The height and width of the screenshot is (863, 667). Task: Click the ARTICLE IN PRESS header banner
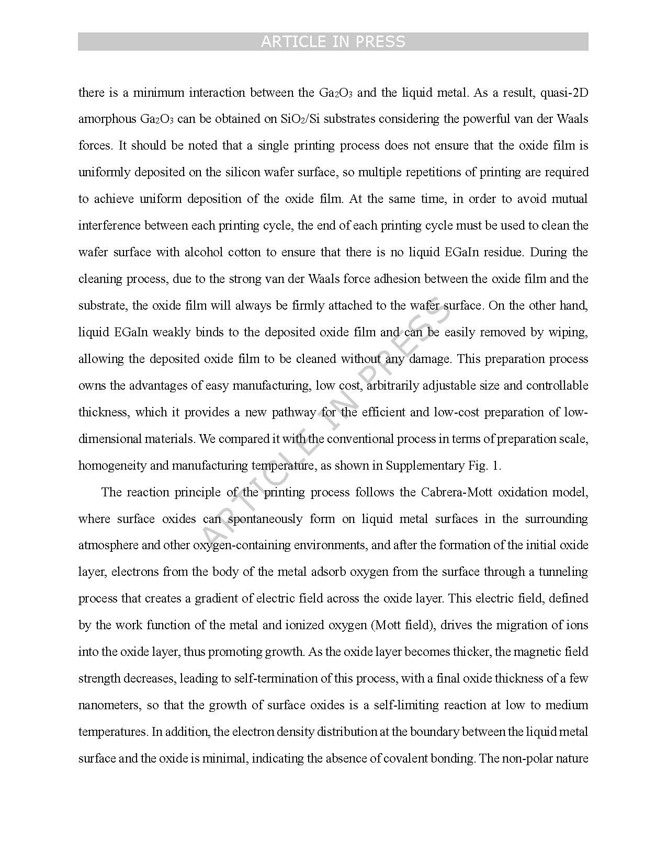tap(333, 42)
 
